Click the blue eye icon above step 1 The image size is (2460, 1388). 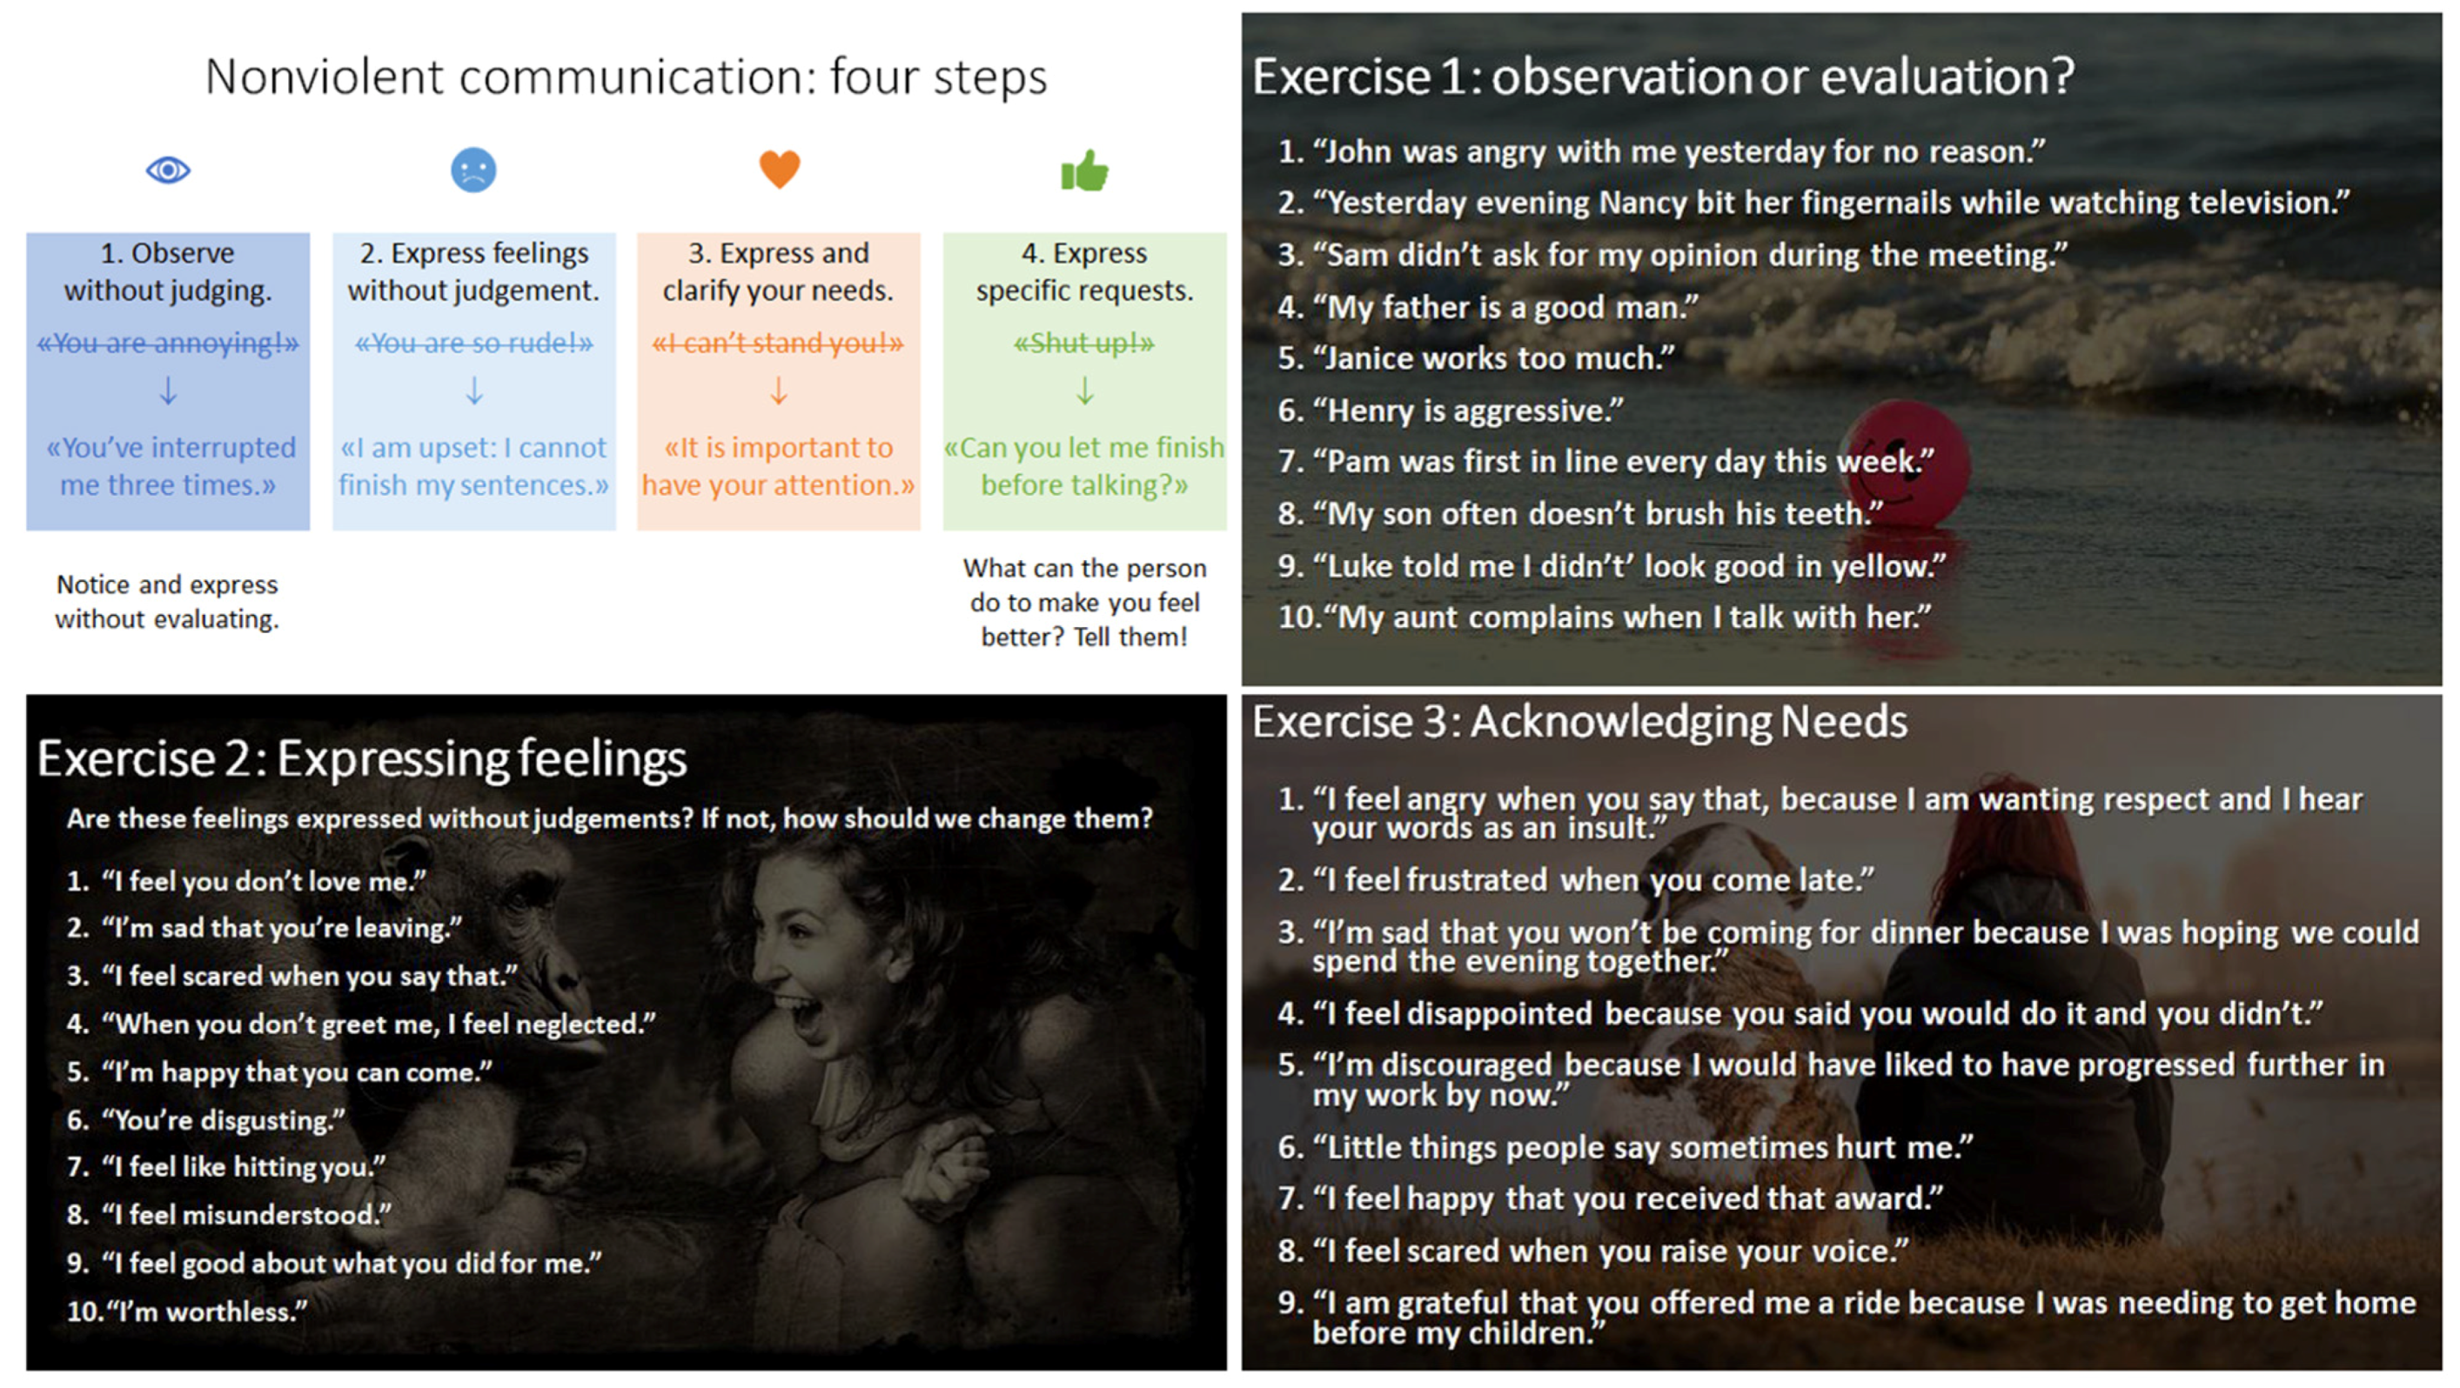click(168, 170)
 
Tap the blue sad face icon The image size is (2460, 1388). click(473, 170)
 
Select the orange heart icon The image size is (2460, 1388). click(780, 169)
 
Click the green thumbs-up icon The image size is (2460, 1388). click(1085, 170)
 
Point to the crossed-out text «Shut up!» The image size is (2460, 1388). click(1084, 343)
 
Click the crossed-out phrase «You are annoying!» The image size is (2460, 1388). click(168, 343)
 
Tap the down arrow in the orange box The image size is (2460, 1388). click(780, 390)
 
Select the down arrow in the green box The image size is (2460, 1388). click(1085, 390)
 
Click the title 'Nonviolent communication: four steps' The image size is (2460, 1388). click(626, 77)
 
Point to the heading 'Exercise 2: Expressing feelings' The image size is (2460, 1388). click(362, 759)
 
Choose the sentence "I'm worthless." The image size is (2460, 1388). click(210, 1311)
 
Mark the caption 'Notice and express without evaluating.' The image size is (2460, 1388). click(167, 602)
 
